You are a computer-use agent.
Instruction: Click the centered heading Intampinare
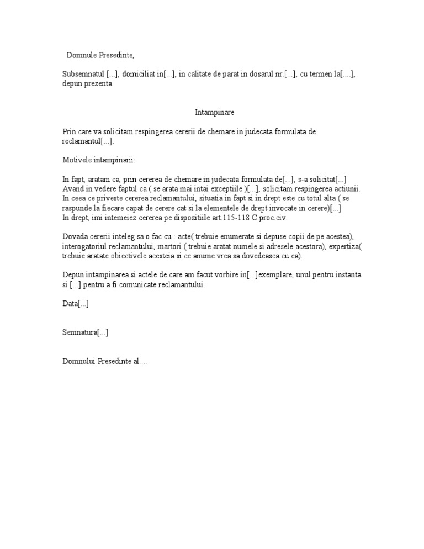[215, 112]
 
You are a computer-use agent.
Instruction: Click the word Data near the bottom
[70, 304]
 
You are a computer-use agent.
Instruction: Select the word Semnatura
[80, 332]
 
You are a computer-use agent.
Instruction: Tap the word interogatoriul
[85, 246]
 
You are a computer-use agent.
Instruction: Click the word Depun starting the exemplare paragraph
[73, 275]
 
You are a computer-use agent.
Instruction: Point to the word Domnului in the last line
[79, 361]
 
